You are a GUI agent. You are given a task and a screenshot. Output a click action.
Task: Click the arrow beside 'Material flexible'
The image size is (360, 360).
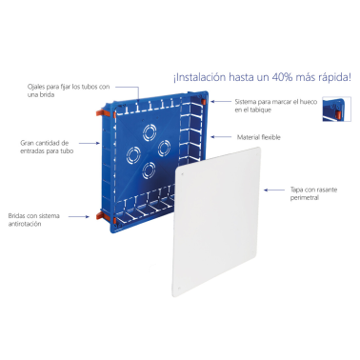(228, 136)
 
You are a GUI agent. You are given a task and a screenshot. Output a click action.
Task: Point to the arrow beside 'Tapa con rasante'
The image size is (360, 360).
(277, 190)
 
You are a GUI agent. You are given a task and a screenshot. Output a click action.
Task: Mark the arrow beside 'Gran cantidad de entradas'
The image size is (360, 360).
(82, 146)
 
